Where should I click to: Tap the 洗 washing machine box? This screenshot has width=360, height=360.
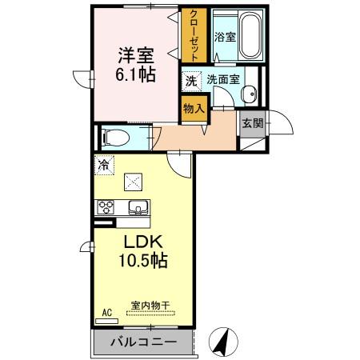pos(191,80)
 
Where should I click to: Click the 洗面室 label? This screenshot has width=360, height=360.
pos(221,80)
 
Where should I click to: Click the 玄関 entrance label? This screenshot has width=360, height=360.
pos(252,123)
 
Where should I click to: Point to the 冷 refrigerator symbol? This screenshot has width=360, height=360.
pos(104,165)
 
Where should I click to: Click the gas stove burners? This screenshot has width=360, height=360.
pos(106,209)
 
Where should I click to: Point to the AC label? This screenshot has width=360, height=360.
pos(105,313)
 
